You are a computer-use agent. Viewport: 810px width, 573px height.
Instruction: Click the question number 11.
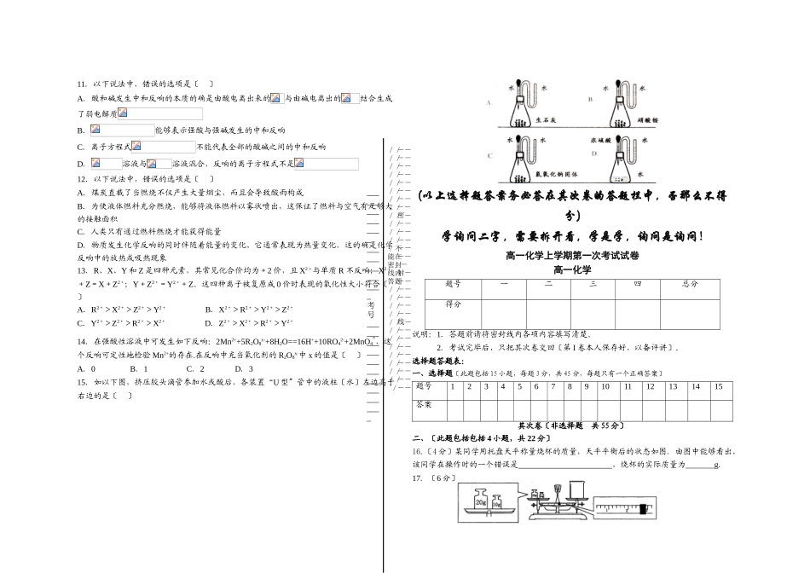click(x=81, y=84)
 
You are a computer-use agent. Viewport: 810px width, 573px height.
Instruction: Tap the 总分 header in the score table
click(x=690, y=284)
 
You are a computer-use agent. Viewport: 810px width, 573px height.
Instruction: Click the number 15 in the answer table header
click(x=719, y=386)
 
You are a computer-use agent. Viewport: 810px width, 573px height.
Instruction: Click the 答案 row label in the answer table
click(x=424, y=405)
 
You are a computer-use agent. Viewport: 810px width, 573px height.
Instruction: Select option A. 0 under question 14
click(x=86, y=368)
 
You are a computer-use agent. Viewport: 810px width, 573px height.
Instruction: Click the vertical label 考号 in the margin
click(x=372, y=309)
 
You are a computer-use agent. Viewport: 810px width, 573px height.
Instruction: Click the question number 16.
click(x=418, y=450)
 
